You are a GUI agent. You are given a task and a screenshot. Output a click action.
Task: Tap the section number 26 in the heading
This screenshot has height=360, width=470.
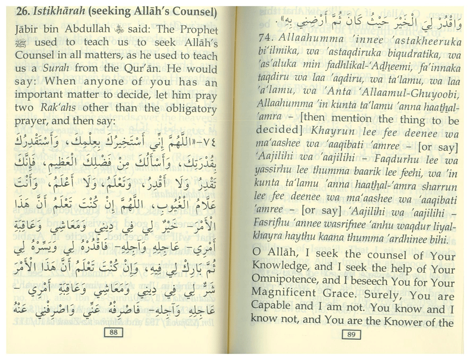(x=22, y=12)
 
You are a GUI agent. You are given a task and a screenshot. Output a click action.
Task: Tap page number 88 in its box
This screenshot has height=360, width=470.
(x=113, y=333)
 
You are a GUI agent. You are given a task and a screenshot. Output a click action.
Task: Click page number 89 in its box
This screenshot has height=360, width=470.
(x=351, y=334)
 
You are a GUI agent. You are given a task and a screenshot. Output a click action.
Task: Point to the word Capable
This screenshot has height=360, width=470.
(x=270, y=308)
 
